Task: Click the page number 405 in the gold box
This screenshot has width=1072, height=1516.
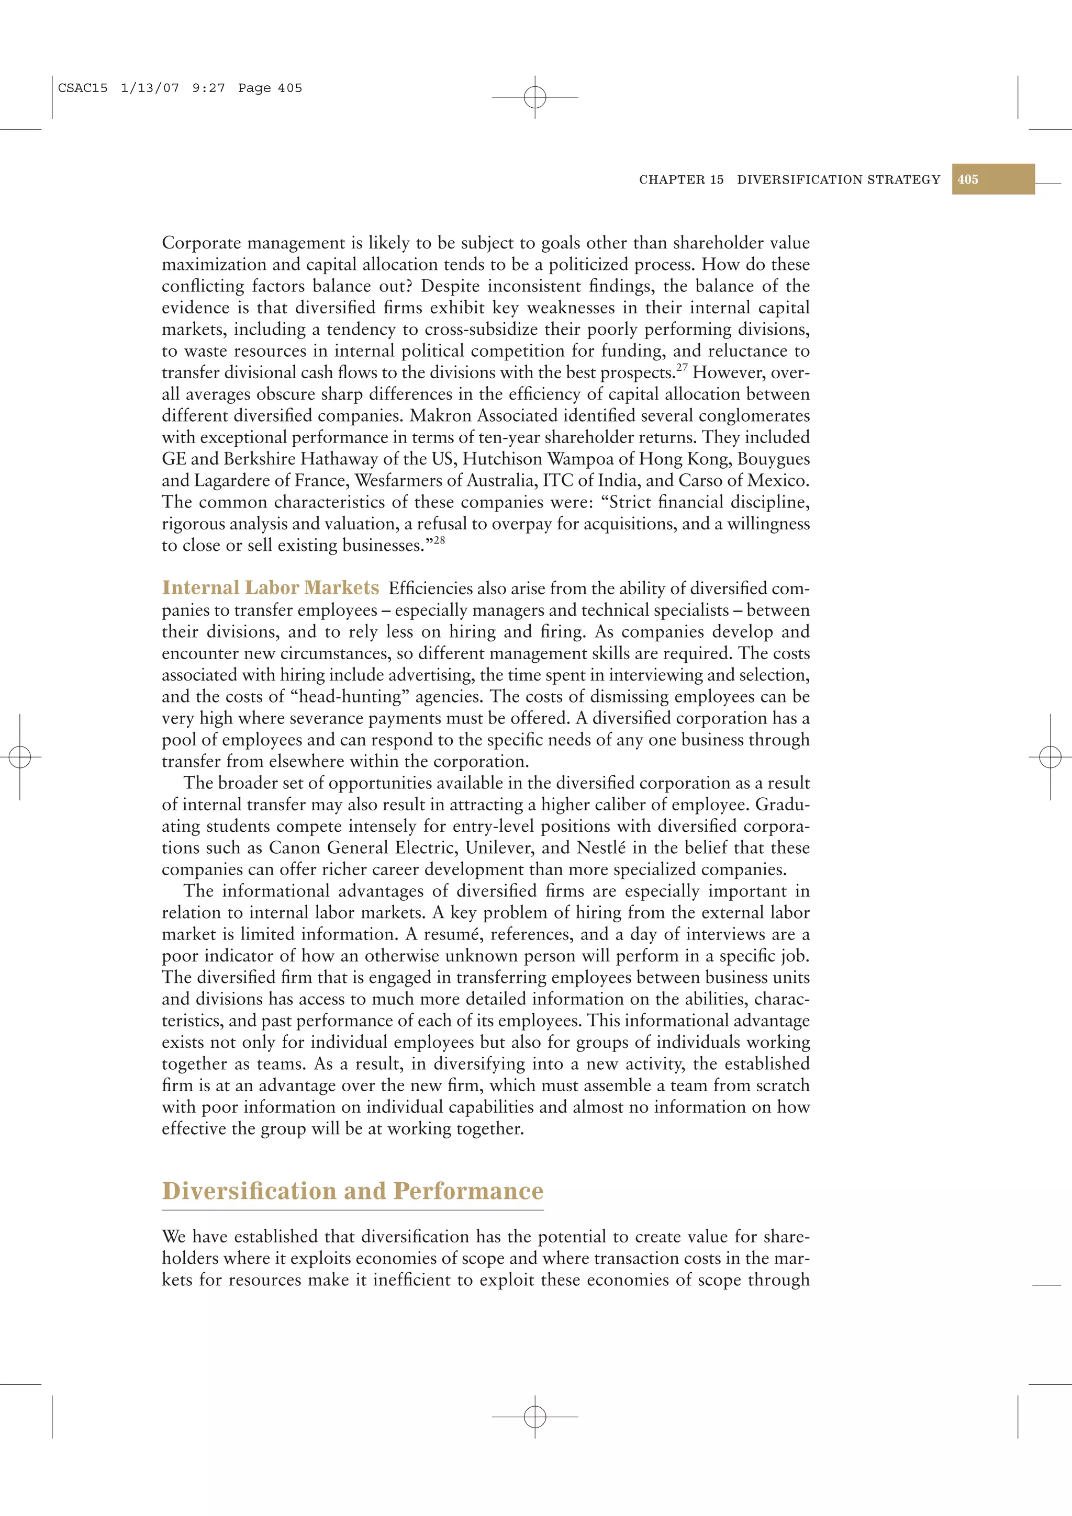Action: tap(968, 179)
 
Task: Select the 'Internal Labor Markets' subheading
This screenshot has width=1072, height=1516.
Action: tap(270, 587)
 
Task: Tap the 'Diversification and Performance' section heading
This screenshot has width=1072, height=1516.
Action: tap(353, 1191)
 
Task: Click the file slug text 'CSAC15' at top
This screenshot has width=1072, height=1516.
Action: tap(83, 88)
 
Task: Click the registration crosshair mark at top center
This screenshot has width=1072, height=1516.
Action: tap(535, 97)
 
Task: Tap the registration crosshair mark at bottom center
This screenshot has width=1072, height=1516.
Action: tap(535, 1416)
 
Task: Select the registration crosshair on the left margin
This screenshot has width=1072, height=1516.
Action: tap(20, 756)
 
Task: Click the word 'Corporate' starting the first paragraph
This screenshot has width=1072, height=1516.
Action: tap(202, 243)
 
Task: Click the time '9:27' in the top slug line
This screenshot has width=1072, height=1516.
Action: tap(208, 88)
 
